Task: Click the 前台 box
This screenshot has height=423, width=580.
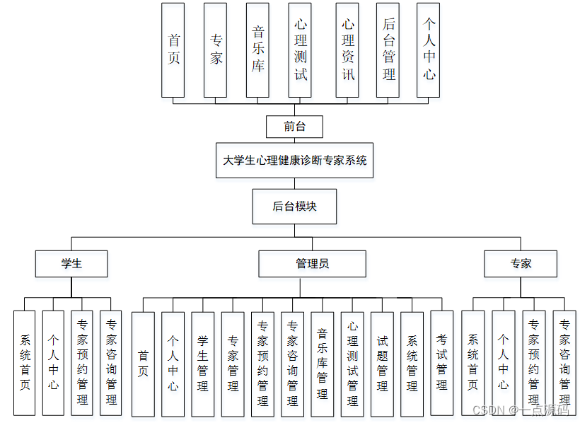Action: click(294, 127)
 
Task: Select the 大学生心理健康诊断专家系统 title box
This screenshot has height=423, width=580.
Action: click(295, 161)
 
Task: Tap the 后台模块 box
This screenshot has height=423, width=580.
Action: click(294, 207)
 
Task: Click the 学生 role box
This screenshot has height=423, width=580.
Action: click(71, 264)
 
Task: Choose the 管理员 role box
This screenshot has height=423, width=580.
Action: click(312, 264)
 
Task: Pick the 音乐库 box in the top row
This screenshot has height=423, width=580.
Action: click(258, 50)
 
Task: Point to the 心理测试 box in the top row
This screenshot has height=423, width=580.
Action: click(300, 50)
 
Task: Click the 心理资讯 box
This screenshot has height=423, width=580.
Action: click(347, 50)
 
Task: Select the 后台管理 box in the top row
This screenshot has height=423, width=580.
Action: click(388, 50)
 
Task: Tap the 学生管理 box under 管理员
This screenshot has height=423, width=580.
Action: click(203, 364)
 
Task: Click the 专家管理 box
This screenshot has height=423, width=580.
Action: click(233, 364)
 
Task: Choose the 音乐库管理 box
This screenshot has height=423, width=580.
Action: click(323, 364)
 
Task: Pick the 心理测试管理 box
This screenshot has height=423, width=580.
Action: click(352, 364)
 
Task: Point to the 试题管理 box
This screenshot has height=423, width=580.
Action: click(382, 364)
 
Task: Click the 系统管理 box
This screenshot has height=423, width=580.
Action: click(412, 364)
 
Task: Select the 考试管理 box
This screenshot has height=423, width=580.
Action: click(442, 364)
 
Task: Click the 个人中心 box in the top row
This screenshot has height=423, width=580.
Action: click(429, 50)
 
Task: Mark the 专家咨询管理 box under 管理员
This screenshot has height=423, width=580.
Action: click(292, 364)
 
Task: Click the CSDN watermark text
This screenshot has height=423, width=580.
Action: click(520, 410)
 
